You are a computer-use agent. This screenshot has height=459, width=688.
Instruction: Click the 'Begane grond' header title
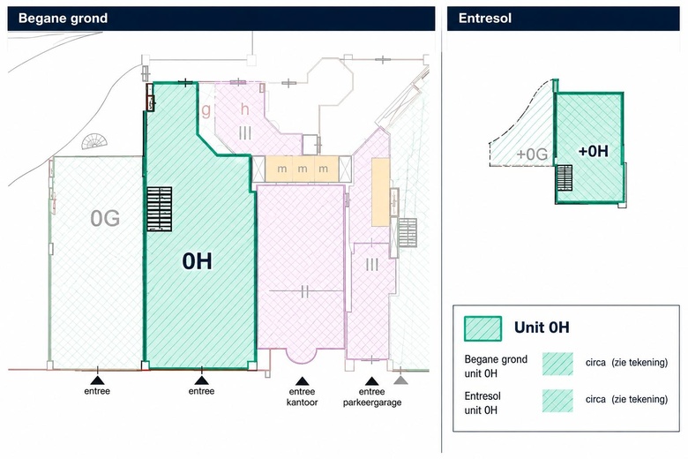click(63, 19)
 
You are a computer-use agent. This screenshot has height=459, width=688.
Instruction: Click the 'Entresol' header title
click(485, 19)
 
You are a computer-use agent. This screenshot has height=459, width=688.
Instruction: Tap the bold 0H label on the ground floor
click(197, 261)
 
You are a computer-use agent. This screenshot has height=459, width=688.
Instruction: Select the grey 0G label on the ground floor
click(105, 218)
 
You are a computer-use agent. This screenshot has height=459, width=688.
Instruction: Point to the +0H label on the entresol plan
click(594, 152)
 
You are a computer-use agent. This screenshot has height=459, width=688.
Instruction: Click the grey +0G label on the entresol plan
click(532, 154)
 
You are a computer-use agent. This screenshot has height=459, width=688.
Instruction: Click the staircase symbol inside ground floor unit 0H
click(160, 209)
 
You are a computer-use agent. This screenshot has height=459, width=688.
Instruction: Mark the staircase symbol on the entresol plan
click(564, 177)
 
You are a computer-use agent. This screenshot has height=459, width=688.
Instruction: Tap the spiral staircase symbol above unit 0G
click(94, 141)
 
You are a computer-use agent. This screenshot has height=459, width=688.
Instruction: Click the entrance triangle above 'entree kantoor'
click(302, 381)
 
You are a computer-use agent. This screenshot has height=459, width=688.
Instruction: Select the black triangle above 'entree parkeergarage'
click(371, 381)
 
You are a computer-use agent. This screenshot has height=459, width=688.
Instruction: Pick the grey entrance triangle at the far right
click(400, 380)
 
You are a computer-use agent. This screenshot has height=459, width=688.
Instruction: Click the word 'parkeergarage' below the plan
click(372, 403)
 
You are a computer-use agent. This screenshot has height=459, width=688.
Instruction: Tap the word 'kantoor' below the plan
click(302, 402)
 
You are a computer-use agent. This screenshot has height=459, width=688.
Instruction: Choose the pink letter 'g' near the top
click(206, 110)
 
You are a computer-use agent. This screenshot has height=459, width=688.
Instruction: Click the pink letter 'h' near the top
click(245, 109)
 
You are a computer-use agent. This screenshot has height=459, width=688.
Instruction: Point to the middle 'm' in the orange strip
click(303, 169)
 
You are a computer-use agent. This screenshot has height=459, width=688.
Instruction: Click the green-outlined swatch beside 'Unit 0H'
click(482, 328)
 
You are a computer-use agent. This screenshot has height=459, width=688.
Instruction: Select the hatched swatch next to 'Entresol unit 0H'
click(557, 401)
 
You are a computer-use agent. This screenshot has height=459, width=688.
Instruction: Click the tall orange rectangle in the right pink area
click(380, 192)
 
